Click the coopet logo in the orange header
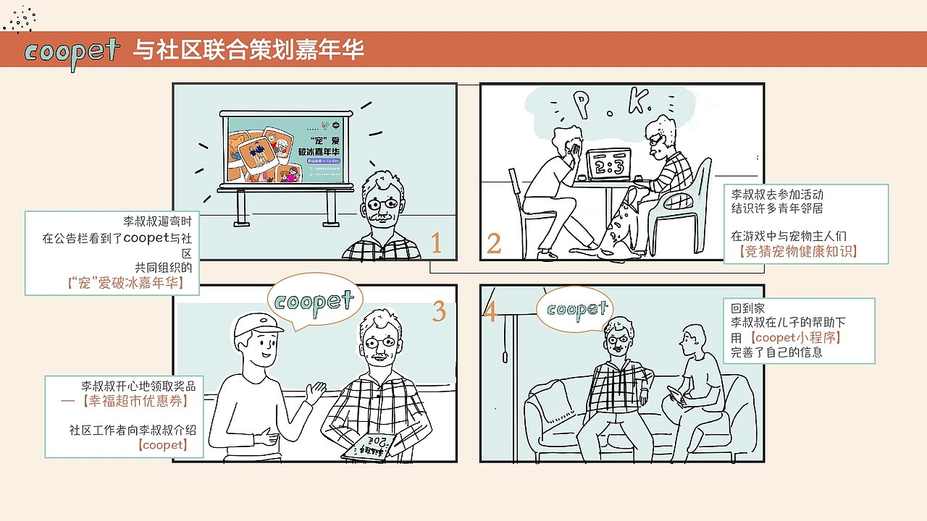[x=71, y=51]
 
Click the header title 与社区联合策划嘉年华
[x=248, y=50]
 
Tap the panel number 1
[x=436, y=243]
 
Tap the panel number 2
[x=494, y=243]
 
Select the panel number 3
[x=439, y=310]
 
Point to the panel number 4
[x=490, y=313]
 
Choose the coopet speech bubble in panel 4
[x=576, y=310]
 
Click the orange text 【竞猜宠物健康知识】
[x=798, y=252]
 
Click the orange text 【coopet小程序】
[x=797, y=337]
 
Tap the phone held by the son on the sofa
[x=676, y=394]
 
